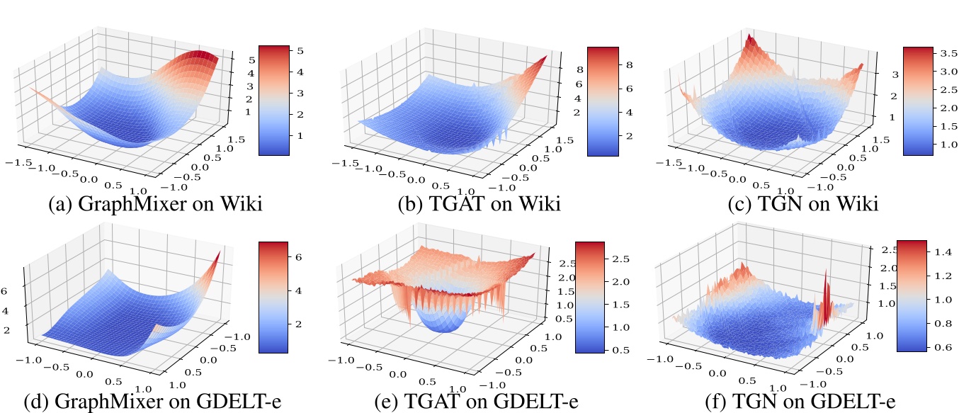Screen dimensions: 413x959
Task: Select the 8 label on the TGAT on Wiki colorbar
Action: click(x=628, y=64)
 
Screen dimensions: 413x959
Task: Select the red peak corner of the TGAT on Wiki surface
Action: click(x=545, y=58)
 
